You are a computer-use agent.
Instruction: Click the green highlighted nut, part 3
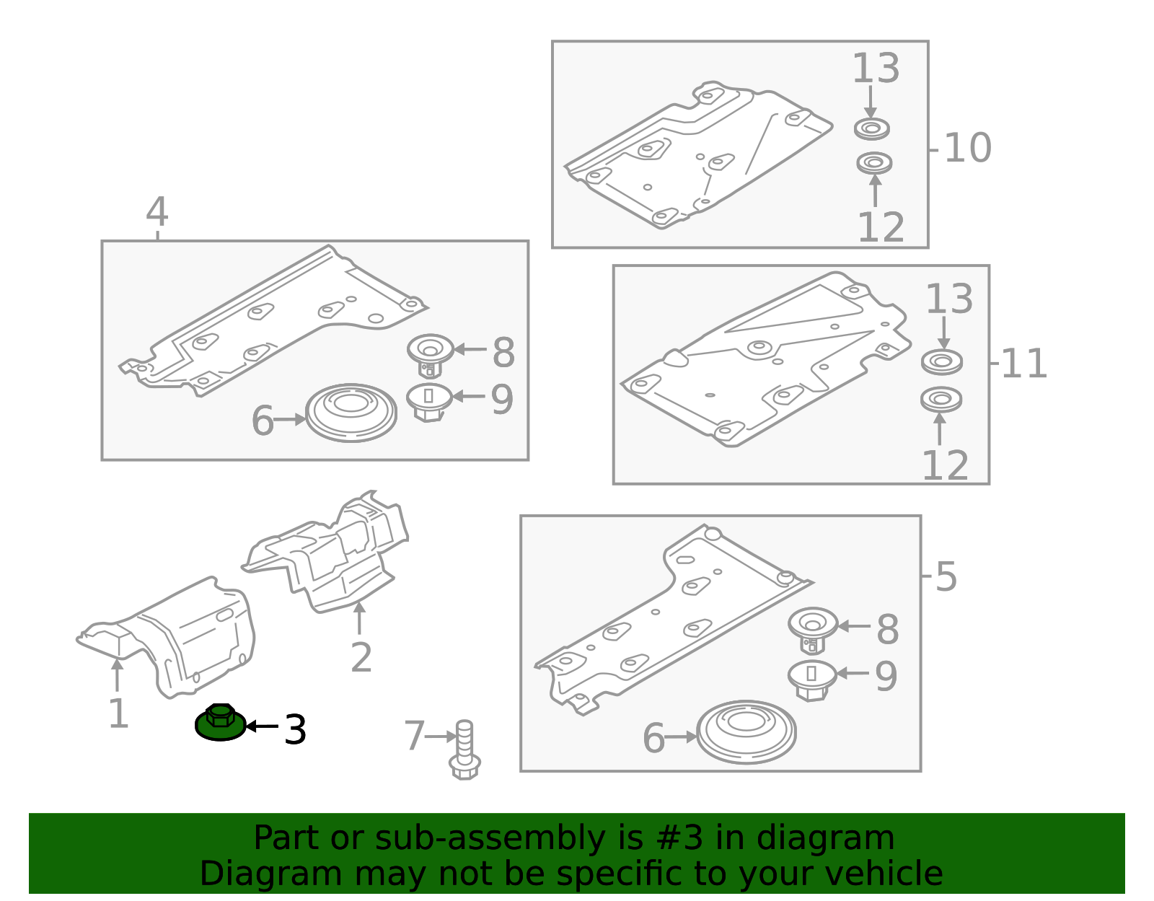click(220, 722)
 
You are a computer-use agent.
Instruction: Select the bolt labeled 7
click(464, 750)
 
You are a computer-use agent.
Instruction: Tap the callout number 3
click(295, 729)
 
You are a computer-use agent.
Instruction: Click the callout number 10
click(968, 148)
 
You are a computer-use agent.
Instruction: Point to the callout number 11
click(1023, 364)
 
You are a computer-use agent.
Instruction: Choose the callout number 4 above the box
click(157, 211)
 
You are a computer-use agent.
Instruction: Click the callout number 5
click(946, 576)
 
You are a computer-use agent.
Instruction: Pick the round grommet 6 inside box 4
click(351, 413)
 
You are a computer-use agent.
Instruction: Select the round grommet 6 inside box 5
click(746, 732)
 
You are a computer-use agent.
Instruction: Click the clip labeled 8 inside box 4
click(430, 355)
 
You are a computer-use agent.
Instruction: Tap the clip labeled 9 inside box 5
click(812, 681)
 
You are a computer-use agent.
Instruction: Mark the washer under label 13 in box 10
click(871, 129)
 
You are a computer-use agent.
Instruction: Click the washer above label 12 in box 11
click(941, 400)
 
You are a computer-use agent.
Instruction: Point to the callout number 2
click(361, 657)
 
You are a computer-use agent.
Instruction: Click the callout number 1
click(118, 713)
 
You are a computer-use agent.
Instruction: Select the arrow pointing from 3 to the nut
click(263, 726)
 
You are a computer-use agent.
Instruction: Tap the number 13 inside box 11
click(949, 299)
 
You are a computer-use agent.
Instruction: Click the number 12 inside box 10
click(881, 227)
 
